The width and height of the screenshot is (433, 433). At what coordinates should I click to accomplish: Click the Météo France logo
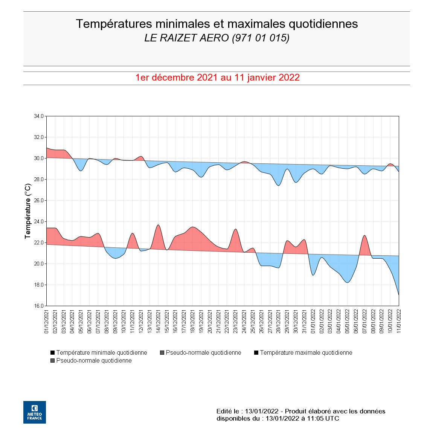tap(35, 412)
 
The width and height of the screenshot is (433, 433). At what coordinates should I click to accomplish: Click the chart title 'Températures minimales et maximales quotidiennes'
tap(216, 24)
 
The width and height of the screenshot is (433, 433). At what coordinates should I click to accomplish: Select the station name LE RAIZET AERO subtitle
tap(216, 38)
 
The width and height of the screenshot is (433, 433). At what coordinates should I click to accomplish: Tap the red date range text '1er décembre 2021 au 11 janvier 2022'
tap(217, 78)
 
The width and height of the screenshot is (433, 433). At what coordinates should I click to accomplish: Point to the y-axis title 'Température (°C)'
tap(28, 211)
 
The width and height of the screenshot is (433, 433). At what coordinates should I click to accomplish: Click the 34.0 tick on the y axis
tap(39, 116)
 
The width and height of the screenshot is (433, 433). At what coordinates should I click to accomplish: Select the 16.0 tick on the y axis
tap(39, 306)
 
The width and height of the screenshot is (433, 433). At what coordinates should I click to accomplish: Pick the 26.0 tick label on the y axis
tap(39, 200)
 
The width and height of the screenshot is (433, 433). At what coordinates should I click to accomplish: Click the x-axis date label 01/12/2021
tap(47, 321)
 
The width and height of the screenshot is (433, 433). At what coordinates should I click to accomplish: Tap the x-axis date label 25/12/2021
tap(253, 321)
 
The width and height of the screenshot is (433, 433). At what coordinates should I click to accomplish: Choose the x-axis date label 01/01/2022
tap(313, 321)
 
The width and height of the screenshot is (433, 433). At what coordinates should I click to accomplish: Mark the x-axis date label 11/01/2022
tap(399, 321)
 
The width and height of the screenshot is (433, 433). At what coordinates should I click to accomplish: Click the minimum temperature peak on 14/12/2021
tap(158, 225)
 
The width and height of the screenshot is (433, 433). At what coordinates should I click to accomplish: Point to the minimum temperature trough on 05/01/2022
tap(347, 282)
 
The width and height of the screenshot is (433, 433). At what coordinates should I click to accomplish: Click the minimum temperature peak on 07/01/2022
tap(364, 235)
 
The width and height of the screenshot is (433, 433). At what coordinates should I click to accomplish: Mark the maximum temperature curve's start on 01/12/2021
tap(47, 148)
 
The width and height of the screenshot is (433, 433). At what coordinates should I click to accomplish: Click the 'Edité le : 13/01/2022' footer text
tap(247, 411)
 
